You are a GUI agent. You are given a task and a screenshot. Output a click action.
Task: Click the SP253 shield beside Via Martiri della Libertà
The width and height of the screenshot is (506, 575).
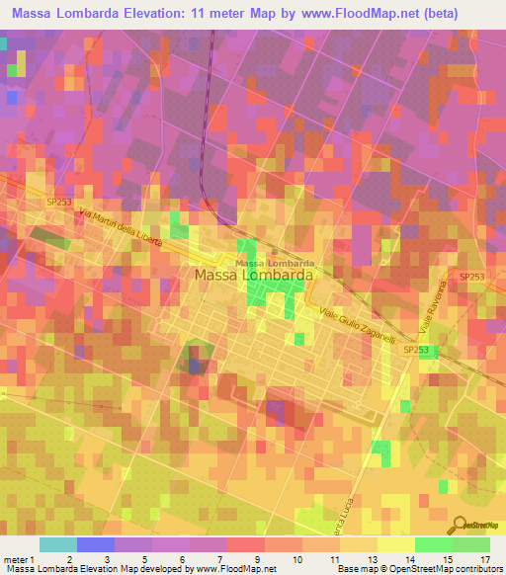click(x=59, y=202)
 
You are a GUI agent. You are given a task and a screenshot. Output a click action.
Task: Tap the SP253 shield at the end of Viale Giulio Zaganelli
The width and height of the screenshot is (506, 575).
click(x=416, y=350)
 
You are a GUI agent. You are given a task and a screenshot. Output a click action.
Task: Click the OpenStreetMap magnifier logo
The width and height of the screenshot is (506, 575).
click(x=460, y=526)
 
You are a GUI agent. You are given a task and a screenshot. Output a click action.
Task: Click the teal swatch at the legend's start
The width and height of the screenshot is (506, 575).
click(x=57, y=544)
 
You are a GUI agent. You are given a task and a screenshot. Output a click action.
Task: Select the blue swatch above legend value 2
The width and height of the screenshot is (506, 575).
click(x=95, y=544)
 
